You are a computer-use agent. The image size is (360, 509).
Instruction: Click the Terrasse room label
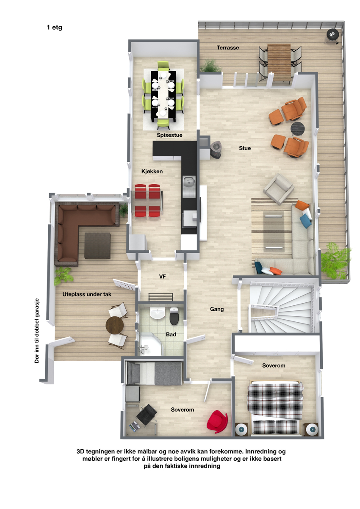tap(228, 48)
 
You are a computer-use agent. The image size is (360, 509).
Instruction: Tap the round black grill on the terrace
tap(332, 35)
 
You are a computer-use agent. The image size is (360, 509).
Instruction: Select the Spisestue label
tap(169, 135)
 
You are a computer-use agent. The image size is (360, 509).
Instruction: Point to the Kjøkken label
tap(152, 172)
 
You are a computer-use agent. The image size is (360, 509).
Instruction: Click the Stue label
tap(245, 148)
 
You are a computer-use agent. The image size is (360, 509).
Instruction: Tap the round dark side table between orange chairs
tap(297, 129)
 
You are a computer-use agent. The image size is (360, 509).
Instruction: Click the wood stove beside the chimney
tap(215, 149)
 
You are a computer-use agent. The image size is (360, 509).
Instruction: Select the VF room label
tap(162, 277)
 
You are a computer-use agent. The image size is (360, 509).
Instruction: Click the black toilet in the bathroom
tap(174, 315)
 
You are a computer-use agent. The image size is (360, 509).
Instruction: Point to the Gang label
tap(217, 309)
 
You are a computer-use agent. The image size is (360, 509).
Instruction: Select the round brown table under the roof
tap(115, 325)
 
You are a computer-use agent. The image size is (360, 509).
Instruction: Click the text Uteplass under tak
tap(87, 294)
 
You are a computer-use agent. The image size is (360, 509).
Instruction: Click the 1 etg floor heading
tap(54, 28)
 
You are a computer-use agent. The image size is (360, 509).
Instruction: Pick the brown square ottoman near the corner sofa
tap(97, 246)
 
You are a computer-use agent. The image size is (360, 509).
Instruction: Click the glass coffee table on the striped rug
tap(274, 231)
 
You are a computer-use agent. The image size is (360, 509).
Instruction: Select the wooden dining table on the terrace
tap(279, 62)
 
